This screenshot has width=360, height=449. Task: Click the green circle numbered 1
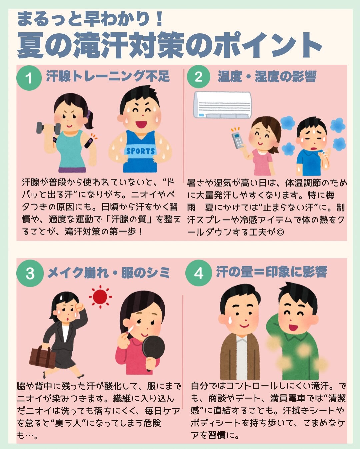click(29, 78)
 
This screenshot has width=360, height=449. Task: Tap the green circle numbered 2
click(198, 77)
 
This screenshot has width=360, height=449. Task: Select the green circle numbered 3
click(30, 274)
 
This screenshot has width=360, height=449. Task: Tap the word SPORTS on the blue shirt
click(140, 151)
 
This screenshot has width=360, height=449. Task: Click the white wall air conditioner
click(222, 105)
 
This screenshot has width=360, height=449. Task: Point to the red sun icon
click(100, 296)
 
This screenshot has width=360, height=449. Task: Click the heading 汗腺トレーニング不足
click(108, 76)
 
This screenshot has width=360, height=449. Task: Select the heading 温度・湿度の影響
click(267, 77)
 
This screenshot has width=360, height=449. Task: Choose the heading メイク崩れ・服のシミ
click(109, 273)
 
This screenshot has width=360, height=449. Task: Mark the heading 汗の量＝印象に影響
click(271, 272)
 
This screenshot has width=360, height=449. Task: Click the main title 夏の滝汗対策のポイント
click(169, 45)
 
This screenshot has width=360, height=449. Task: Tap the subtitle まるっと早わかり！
click(90, 19)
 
